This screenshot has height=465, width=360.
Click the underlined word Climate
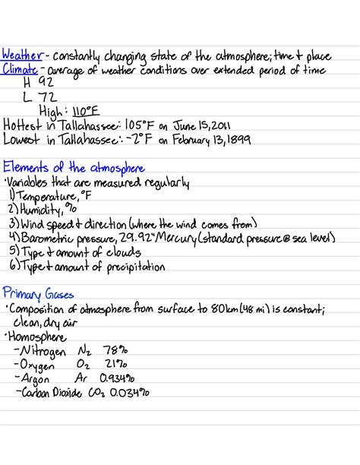pyautogui.click(x=21, y=70)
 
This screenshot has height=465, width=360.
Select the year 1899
pyautogui.click(x=245, y=140)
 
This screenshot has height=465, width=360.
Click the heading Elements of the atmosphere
pyautogui.click(x=74, y=167)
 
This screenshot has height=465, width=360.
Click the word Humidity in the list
pyautogui.click(x=39, y=210)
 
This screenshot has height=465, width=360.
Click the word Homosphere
pyautogui.click(x=36, y=336)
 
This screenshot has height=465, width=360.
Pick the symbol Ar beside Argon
pyautogui.click(x=82, y=378)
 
